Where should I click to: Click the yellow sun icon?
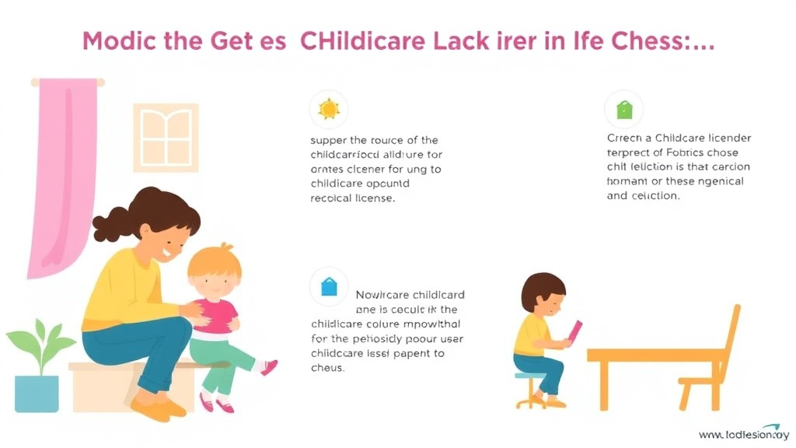328,110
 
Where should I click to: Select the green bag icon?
624,110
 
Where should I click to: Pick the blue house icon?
328,287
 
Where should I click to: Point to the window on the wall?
166,138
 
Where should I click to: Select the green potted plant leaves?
39,347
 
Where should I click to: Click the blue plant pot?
37,393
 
